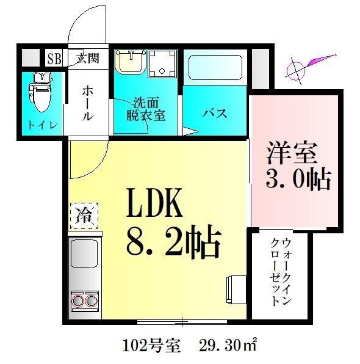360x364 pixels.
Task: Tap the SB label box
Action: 54,59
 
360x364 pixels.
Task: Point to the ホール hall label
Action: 87,103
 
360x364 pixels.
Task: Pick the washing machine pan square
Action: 162,64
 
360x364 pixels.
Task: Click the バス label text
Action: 215,114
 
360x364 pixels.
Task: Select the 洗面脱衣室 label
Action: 146,109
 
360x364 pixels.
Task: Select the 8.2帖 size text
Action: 173,242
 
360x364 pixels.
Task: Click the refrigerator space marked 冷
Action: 84,215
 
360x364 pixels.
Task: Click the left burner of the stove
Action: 77,300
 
